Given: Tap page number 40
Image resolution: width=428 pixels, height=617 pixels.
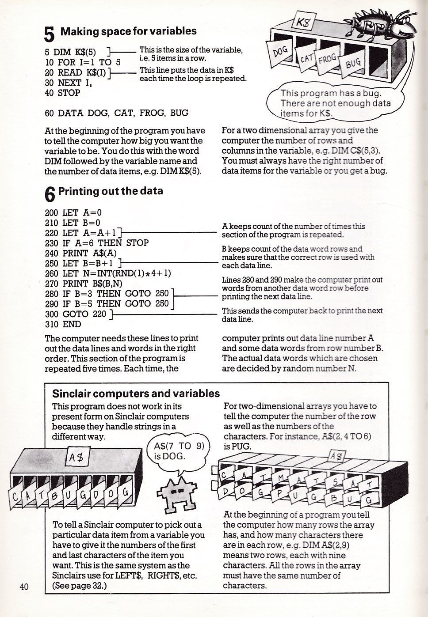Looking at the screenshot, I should pos(24,587).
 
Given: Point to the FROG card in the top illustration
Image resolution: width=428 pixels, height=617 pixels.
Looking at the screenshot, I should pos(327,59).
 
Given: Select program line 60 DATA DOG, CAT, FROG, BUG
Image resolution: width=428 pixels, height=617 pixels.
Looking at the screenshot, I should pos(116,113).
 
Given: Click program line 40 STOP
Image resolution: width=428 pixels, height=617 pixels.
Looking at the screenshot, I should pos(63,93).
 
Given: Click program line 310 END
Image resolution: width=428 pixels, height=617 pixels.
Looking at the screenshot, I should pos(63,324).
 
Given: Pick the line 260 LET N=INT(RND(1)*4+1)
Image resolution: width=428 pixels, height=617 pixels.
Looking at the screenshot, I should pos(108,273).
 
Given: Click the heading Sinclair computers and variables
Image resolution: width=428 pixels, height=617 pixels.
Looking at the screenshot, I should pos(136,394).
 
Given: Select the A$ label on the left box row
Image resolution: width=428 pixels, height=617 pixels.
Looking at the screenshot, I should pos(77,458).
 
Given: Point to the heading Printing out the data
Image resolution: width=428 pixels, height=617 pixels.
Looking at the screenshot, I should pos(111,191).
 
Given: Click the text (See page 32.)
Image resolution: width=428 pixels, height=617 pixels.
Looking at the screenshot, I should pos(80,586).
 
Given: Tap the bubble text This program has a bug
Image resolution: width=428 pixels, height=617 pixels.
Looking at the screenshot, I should pos(331,94).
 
